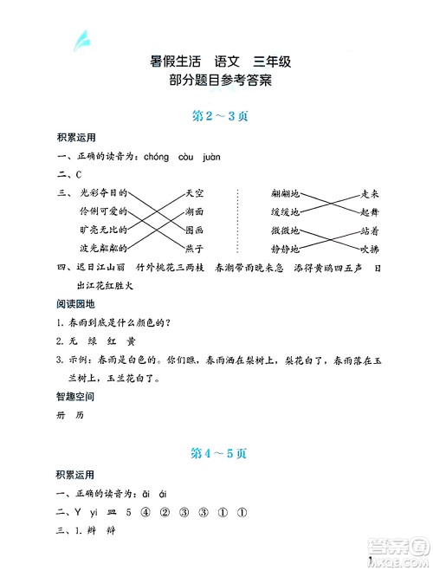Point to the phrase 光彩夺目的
pyautogui.click(x=102, y=193)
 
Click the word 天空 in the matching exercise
pyautogui.click(x=195, y=193)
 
